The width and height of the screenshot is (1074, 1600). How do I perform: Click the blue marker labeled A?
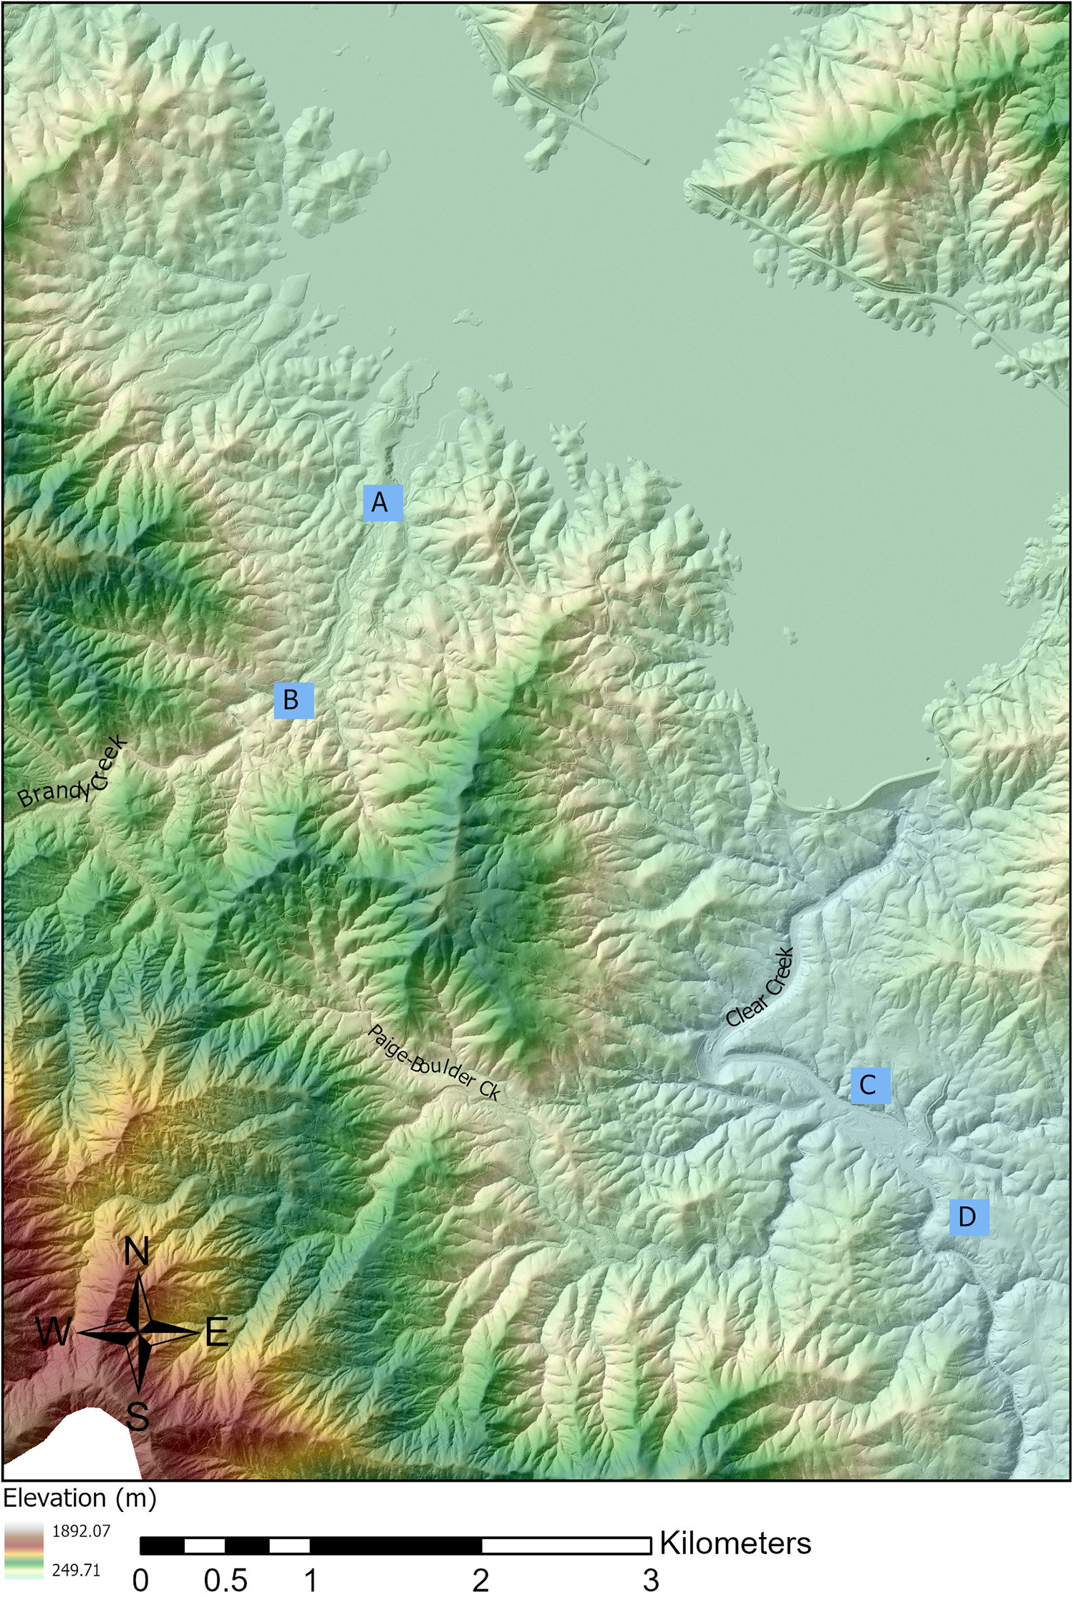pos(382,502)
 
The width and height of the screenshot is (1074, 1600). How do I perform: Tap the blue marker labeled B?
pos(294,700)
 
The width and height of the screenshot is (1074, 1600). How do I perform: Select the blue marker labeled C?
pos(870,1084)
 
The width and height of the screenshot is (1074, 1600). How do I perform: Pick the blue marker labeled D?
pos(969,1216)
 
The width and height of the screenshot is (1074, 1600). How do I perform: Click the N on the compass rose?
pos(137,1252)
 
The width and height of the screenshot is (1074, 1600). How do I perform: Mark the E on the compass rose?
pos(216,1333)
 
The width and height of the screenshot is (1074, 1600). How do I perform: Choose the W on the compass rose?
pos(54,1333)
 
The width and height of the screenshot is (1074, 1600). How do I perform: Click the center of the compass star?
pos(137,1332)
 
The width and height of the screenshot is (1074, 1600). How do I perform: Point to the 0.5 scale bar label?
pos(226,1580)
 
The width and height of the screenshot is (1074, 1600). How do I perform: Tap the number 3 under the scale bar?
pos(650,1580)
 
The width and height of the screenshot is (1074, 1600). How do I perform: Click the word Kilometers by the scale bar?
pos(735,1543)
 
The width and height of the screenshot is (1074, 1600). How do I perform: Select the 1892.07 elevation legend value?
pos(81,1531)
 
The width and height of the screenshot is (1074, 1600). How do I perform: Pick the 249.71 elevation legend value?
pos(76,1570)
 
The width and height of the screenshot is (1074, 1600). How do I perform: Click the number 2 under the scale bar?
pos(480,1580)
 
